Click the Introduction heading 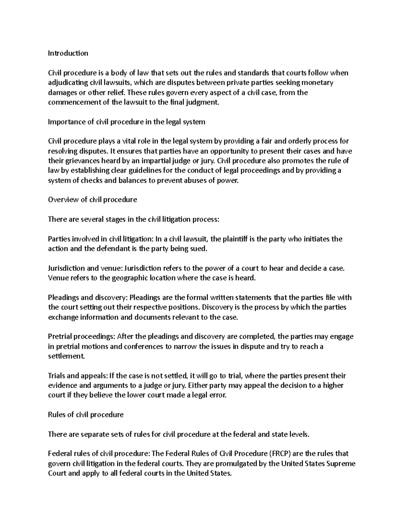pos(68,53)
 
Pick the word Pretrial pos(59,337)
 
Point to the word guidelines pos(142,171)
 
